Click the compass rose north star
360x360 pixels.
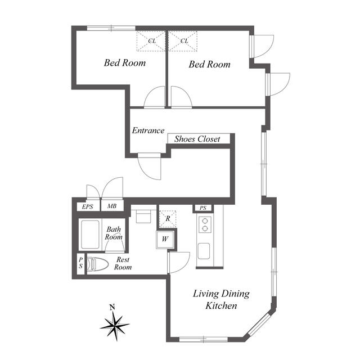tap(115, 326)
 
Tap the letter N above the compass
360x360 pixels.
tap(112, 307)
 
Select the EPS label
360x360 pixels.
tap(88, 206)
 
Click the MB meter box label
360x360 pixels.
tap(112, 206)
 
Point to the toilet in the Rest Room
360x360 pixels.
tap(97, 264)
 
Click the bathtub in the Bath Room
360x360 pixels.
tap(90, 235)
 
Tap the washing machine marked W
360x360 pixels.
tap(165, 240)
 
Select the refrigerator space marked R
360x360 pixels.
tap(168, 219)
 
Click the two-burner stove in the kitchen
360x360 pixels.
tap(205, 224)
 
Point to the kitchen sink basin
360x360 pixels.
tap(204, 251)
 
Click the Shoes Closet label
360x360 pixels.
tap(197, 139)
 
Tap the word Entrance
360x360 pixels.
tap(148, 130)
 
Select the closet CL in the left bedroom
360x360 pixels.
tap(151, 41)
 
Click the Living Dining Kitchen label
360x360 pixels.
tap(221, 300)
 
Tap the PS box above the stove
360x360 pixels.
tap(203, 208)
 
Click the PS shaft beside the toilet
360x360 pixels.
tap(80, 263)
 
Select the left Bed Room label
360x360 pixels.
tap(125, 62)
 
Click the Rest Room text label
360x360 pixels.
tap(123, 263)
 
